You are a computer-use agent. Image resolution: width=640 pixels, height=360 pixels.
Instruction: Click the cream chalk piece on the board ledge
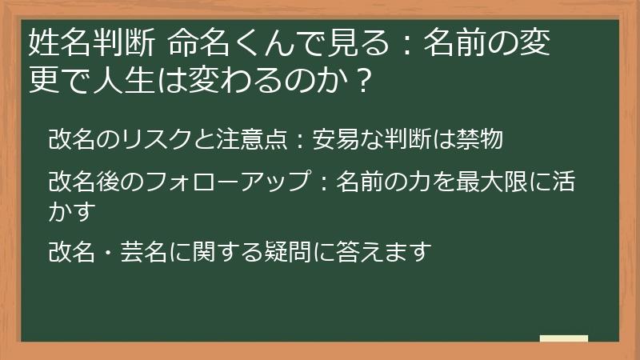tap(563, 338)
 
